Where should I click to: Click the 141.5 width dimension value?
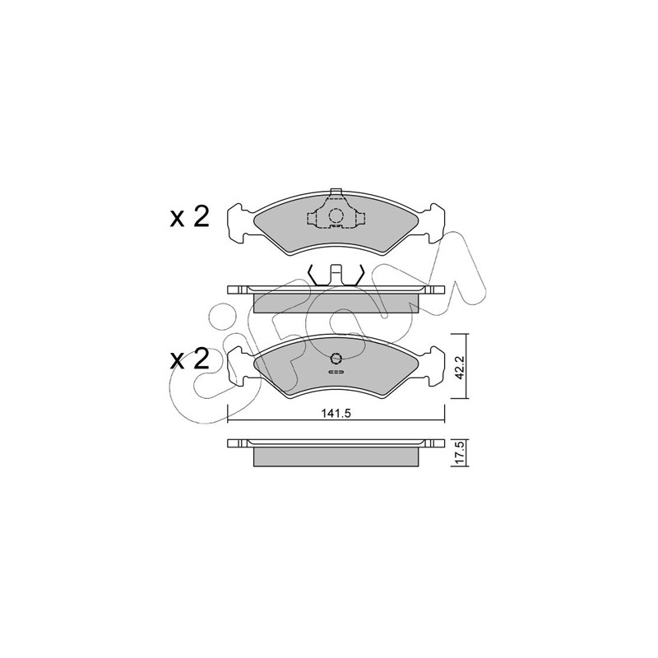click(336, 413)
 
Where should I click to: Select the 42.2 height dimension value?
click(460, 368)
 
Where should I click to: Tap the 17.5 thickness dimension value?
click(460, 454)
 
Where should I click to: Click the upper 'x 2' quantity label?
click(189, 217)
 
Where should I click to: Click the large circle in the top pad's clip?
click(336, 215)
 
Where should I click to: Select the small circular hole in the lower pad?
click(336, 358)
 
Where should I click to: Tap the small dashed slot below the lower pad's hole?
click(336, 372)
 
